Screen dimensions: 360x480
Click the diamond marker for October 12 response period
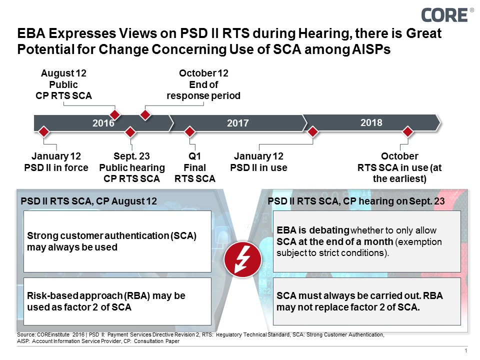(145, 115)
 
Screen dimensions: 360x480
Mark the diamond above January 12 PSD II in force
(44, 132)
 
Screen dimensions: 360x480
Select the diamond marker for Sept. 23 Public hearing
(130, 132)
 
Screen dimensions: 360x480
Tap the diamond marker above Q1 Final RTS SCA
(190, 132)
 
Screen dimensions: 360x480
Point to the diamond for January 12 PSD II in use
(313, 132)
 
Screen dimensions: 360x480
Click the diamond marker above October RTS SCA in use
(407, 132)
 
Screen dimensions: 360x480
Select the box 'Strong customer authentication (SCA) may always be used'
(117, 241)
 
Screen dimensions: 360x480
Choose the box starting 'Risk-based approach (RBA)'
(117, 301)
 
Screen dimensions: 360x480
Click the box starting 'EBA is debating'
(366, 241)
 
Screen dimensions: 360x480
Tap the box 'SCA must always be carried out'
(366, 301)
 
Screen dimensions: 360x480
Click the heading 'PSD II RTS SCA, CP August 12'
(89, 201)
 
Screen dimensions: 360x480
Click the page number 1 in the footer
(465, 351)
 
